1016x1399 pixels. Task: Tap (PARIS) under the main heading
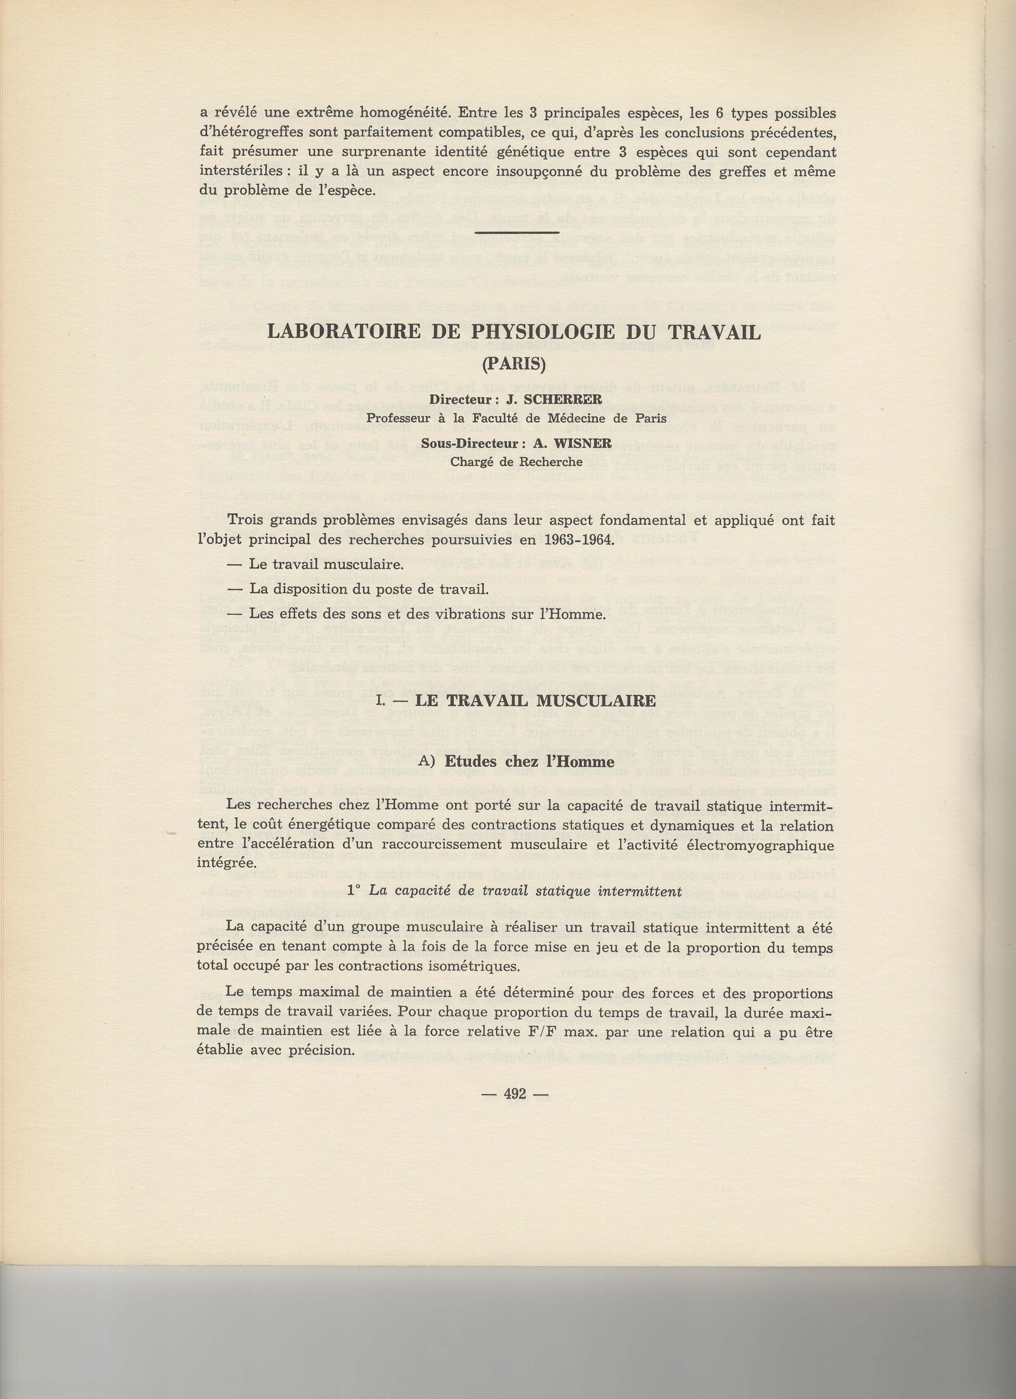514,364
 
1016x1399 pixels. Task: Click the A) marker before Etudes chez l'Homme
426,762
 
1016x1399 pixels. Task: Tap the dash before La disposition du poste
235,589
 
